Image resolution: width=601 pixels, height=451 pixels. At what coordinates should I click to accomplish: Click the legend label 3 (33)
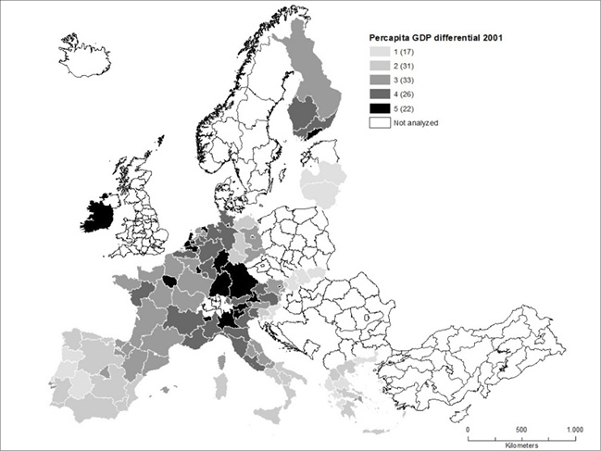[x=405, y=81]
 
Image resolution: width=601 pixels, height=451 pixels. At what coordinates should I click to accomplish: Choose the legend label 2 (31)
[x=405, y=68]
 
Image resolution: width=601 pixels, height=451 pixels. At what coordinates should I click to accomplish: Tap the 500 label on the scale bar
[x=520, y=431]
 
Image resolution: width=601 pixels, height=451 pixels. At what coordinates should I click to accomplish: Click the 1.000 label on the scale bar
[x=574, y=431]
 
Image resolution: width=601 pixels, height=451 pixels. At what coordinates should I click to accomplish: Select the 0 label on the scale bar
[x=468, y=431]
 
